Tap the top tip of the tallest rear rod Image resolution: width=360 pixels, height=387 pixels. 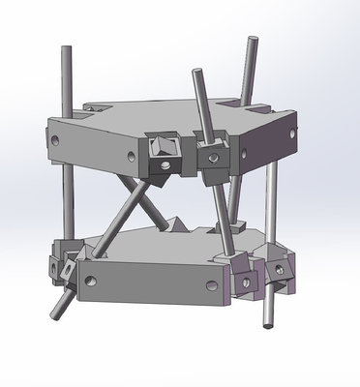[253, 40]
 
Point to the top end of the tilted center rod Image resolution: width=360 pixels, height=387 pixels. [197, 71]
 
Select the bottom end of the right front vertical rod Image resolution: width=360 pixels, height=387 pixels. [268, 326]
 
